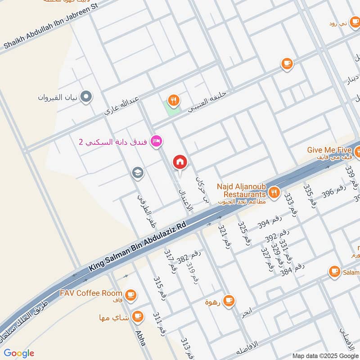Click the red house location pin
point(180,162)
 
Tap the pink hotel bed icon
point(157,141)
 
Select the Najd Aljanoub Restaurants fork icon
point(274,193)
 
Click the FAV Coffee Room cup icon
point(130,294)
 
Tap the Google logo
point(19,353)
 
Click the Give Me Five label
point(328,150)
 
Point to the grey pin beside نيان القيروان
point(86,96)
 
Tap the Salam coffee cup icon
point(334,271)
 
